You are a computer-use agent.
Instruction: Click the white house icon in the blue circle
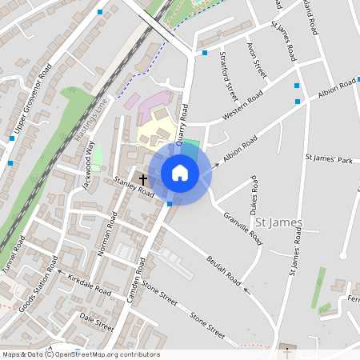click(x=180, y=173)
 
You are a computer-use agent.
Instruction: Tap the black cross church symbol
click(x=143, y=179)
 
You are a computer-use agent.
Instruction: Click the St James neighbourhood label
click(x=278, y=222)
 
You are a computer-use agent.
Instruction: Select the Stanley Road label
click(x=134, y=187)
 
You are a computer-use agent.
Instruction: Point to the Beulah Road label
click(x=223, y=272)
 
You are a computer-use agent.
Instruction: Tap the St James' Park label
click(x=329, y=161)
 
